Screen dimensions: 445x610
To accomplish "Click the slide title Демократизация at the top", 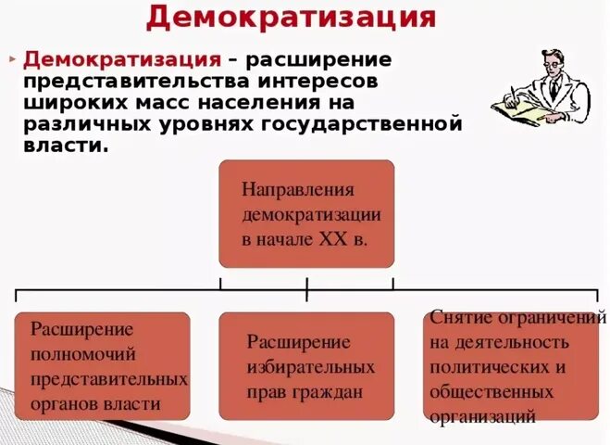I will click(x=291, y=18).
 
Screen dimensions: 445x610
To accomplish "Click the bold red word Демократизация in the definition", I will click(x=122, y=59).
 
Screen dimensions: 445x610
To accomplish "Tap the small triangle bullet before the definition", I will click(x=13, y=58).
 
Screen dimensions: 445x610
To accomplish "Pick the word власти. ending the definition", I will click(x=67, y=145).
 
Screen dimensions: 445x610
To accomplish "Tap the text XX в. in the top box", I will click(x=342, y=240).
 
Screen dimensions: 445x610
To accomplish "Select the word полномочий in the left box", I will click(x=83, y=354).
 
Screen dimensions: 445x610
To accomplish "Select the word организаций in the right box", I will click(x=482, y=416).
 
